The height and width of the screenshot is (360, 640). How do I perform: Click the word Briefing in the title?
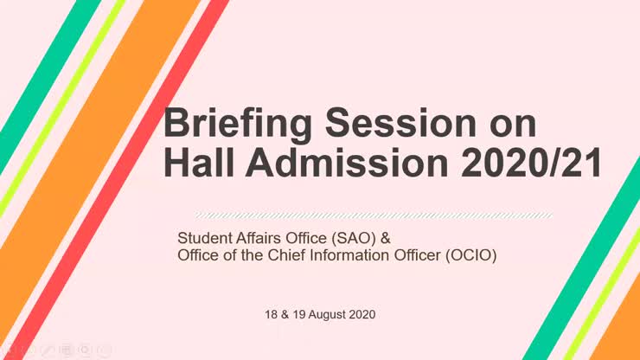coord(227,125)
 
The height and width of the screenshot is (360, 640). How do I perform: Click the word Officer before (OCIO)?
coord(406,255)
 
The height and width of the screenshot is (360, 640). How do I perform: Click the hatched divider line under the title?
coord(372,214)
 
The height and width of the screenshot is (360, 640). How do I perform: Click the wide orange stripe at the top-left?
coord(95,138)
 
